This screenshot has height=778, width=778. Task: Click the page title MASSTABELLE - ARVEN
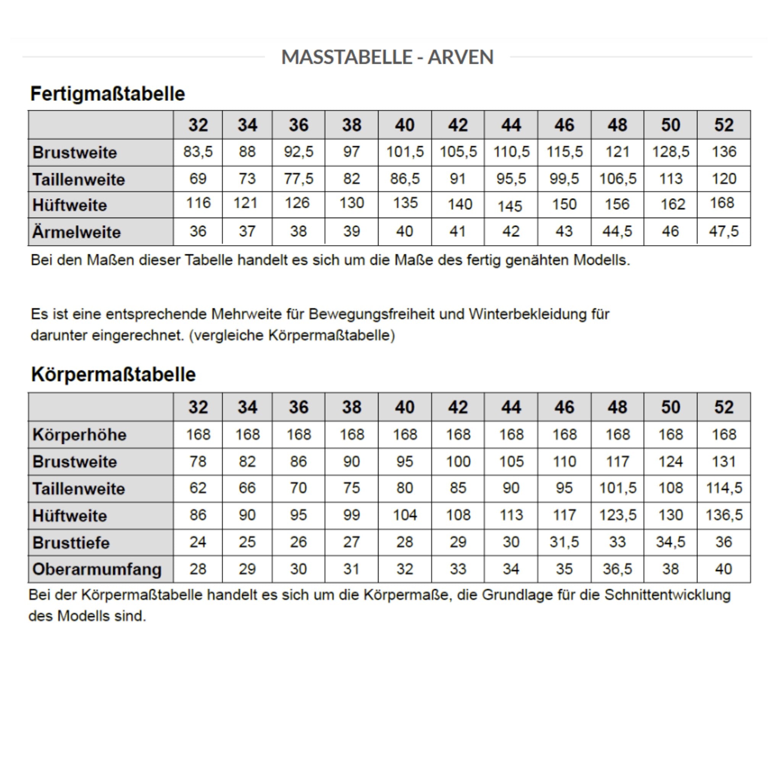(387, 57)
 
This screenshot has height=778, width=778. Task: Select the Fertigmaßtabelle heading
(108, 94)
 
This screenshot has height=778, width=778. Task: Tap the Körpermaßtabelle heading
(113, 374)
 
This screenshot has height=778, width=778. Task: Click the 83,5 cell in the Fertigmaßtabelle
(198, 152)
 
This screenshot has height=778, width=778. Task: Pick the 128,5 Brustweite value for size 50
(670, 152)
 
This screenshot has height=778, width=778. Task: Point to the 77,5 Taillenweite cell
(299, 179)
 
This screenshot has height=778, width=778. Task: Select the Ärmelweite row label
(76, 232)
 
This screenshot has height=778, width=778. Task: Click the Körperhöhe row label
(79, 435)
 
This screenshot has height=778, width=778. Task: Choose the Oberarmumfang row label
(97, 570)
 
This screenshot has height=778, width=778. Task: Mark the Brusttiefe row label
(71, 543)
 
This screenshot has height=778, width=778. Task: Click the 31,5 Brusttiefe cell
(564, 542)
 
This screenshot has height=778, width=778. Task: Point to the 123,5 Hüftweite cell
(618, 515)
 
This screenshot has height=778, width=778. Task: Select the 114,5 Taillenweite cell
(724, 488)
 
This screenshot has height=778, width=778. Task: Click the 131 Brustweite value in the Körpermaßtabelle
(724, 462)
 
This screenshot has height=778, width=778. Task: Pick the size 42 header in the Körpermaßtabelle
(458, 407)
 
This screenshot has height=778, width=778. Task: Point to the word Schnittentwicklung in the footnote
(667, 595)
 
